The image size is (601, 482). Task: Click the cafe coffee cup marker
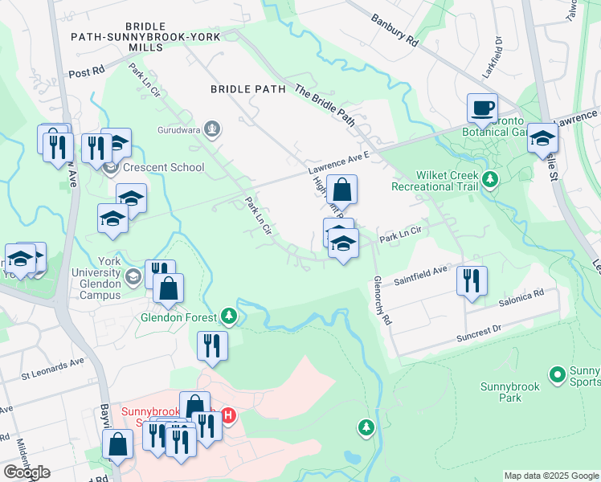point(482,107)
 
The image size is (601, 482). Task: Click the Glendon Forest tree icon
point(230,317)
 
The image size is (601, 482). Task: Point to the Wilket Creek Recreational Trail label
point(435,181)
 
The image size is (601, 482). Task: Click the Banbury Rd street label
point(395,30)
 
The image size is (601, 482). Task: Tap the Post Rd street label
point(88,71)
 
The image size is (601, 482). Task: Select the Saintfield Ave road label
point(420,276)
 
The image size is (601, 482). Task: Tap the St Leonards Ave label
point(53,366)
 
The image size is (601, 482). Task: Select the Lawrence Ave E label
point(338,164)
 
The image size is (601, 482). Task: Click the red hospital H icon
point(228,415)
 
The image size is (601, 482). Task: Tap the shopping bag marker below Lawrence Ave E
point(341,190)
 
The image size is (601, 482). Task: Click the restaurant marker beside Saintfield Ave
point(472,280)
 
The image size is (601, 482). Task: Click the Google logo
point(27,472)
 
